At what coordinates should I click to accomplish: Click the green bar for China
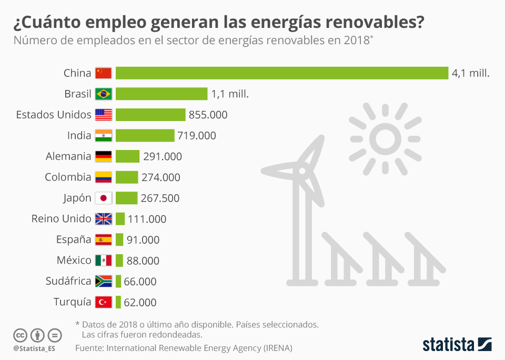pyautogui.click(x=281, y=73)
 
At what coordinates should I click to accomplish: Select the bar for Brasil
pyautogui.click(x=161, y=94)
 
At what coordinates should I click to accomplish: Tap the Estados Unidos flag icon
pyautogui.click(x=104, y=115)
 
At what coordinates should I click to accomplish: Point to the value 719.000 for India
pyautogui.click(x=197, y=136)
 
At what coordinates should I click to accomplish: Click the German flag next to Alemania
pyautogui.click(x=104, y=156)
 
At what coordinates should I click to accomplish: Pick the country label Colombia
pyautogui.click(x=68, y=177)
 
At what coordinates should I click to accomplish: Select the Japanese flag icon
pyautogui.click(x=104, y=198)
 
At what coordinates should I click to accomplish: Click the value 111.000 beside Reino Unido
pyautogui.click(x=147, y=219)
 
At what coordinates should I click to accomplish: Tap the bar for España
pyautogui.click(x=119, y=240)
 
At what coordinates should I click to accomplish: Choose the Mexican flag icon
pyautogui.click(x=104, y=261)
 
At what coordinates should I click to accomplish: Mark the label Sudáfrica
pyautogui.click(x=68, y=282)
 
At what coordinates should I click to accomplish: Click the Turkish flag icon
pyautogui.click(x=104, y=302)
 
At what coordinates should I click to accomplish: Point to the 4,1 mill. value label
pyautogui.click(x=470, y=73)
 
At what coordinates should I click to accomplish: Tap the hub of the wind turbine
pyautogui.click(x=302, y=172)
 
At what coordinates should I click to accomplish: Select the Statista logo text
pyautogui.click(x=449, y=345)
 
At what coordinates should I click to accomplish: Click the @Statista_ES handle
pyautogui.click(x=35, y=348)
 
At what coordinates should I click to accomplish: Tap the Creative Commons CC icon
pyautogui.click(x=20, y=335)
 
